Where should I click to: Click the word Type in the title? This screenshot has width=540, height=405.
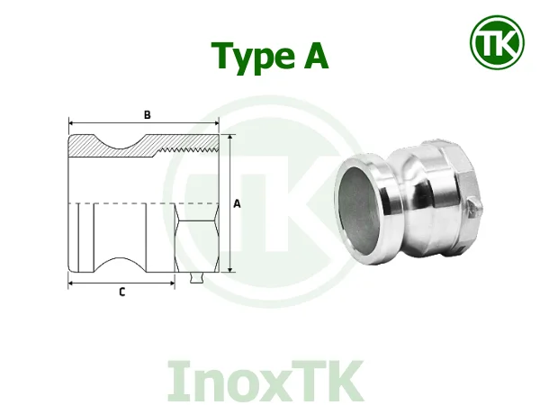point(249,57)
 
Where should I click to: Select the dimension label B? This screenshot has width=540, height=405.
point(147,114)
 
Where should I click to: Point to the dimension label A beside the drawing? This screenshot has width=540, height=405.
point(238,203)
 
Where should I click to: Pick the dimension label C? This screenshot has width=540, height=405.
point(121,292)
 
